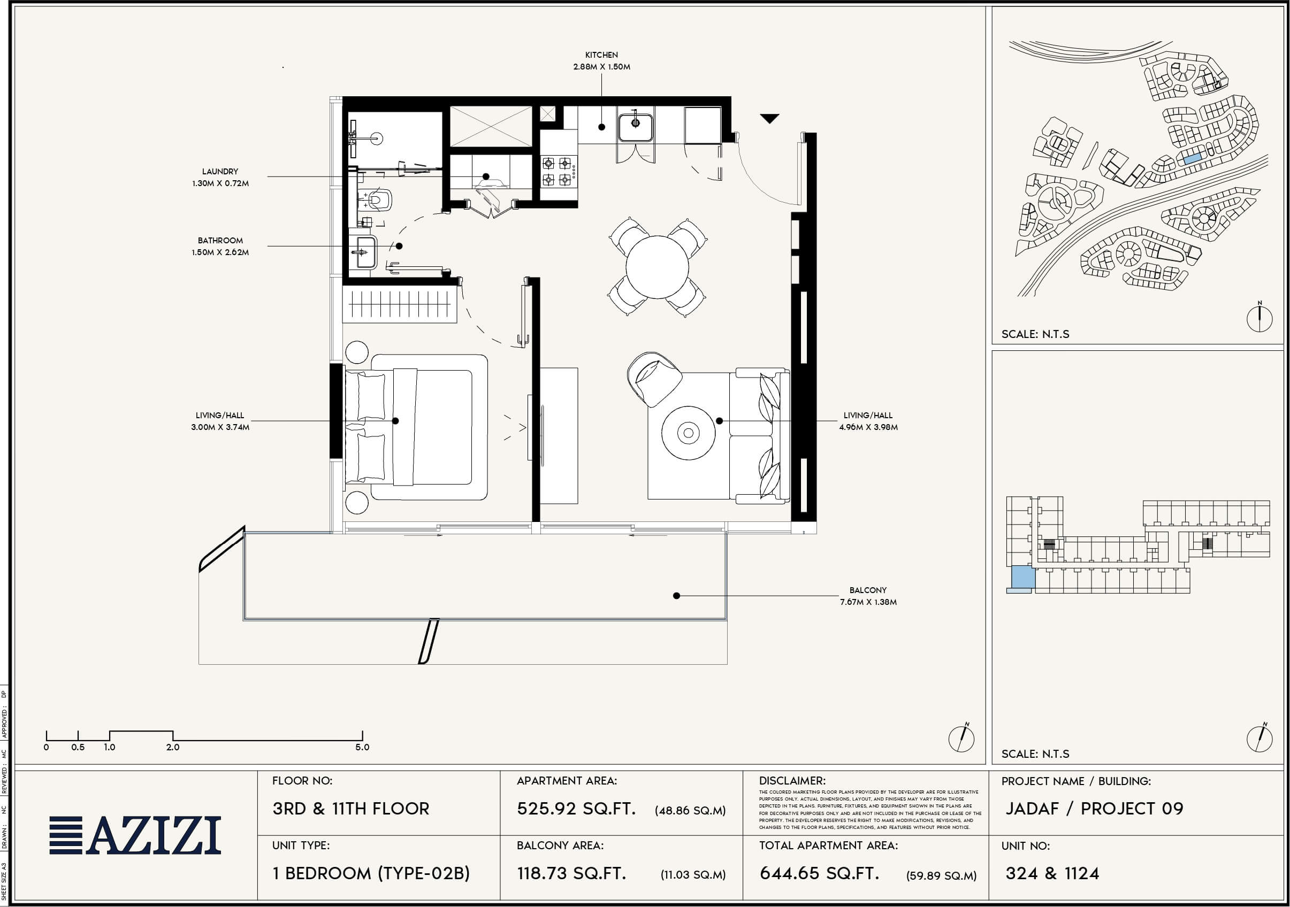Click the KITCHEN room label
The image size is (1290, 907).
pyautogui.click(x=601, y=55)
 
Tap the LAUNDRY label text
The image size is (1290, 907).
pyautogui.click(x=220, y=171)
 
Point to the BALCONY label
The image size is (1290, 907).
pyautogui.click(x=868, y=590)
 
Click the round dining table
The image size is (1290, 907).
pyautogui.click(x=657, y=267)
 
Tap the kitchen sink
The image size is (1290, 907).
pyautogui.click(x=636, y=127)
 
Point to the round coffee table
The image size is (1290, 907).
pyautogui.click(x=688, y=433)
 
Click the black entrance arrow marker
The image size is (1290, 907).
pyautogui.click(x=769, y=118)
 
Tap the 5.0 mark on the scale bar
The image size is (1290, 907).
pyautogui.click(x=362, y=747)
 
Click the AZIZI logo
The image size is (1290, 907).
pyautogui.click(x=135, y=835)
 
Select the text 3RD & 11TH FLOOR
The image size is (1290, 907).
pyautogui.click(x=350, y=809)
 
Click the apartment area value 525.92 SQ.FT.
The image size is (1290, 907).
pyautogui.click(x=576, y=809)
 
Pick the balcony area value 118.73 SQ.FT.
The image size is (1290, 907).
pyautogui.click(x=571, y=873)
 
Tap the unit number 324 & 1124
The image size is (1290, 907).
pyautogui.click(x=1052, y=873)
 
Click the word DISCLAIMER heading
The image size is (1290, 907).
pyautogui.click(x=792, y=781)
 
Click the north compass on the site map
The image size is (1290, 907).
pyautogui.click(x=1259, y=318)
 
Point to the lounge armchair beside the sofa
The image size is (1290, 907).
pyautogui.click(x=654, y=379)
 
